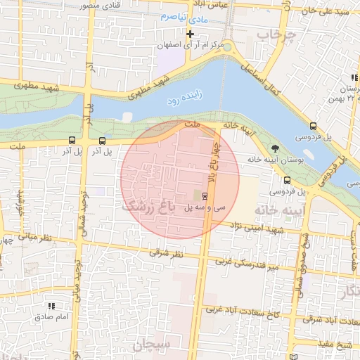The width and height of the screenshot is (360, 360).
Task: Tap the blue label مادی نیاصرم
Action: pyautogui.click(x=184, y=15)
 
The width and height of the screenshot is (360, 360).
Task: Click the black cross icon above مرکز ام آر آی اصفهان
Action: pyautogui.click(x=190, y=34)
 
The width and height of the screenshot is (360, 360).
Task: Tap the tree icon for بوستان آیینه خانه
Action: pyautogui.click(x=274, y=148)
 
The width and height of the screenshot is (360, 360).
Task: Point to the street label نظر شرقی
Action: pyautogui.click(x=165, y=254)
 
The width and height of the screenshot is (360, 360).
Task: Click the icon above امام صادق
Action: pyautogui.click(x=51, y=306)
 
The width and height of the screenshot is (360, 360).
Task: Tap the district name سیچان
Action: pyautogui.click(x=151, y=345)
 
